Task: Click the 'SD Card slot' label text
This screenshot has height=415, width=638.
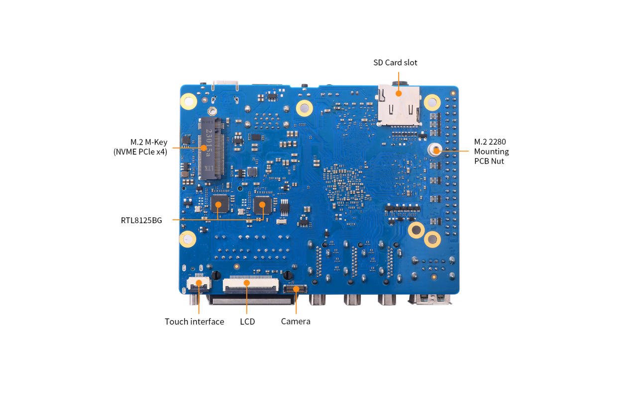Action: click(395, 63)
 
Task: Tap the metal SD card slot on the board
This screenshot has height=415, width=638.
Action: click(399, 105)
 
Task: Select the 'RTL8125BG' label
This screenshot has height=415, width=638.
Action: click(141, 221)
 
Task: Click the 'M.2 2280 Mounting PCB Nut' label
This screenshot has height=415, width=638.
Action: click(491, 151)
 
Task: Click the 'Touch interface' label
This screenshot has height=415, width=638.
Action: click(194, 322)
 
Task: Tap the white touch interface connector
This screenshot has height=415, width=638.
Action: click(199, 284)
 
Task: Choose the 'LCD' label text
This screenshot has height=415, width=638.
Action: click(247, 322)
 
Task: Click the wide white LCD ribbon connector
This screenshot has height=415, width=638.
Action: click(251, 284)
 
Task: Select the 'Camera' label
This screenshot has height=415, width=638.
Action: click(296, 322)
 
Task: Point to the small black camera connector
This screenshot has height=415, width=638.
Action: click(295, 289)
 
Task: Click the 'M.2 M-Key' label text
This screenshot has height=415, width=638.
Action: click(149, 142)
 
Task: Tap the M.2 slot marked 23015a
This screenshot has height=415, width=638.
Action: click(211, 149)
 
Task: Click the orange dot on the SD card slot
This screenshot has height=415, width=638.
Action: click(399, 93)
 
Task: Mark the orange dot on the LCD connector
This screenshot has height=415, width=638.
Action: click(247, 283)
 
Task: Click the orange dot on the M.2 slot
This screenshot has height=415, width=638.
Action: click(204, 148)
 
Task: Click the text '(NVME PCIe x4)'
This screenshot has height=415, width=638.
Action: click(140, 152)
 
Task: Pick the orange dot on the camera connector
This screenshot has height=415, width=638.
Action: click(296, 289)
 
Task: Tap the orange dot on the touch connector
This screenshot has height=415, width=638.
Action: click(199, 283)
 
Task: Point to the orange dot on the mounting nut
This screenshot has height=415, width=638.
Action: click(436, 151)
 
